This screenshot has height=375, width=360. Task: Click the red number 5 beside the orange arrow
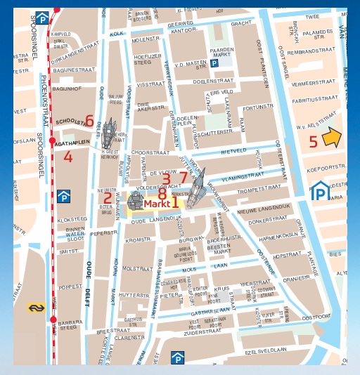pyautogui.click(x=313, y=141)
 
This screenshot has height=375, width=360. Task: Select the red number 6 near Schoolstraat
pyautogui.click(x=89, y=121)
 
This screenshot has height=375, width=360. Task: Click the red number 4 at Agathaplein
pyautogui.click(x=67, y=157)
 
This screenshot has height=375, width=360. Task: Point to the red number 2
pyautogui.click(x=108, y=199)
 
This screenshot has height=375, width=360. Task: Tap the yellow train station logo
pyautogui.click(x=36, y=307)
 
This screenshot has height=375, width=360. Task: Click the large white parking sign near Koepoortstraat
pyautogui.click(x=321, y=190)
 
